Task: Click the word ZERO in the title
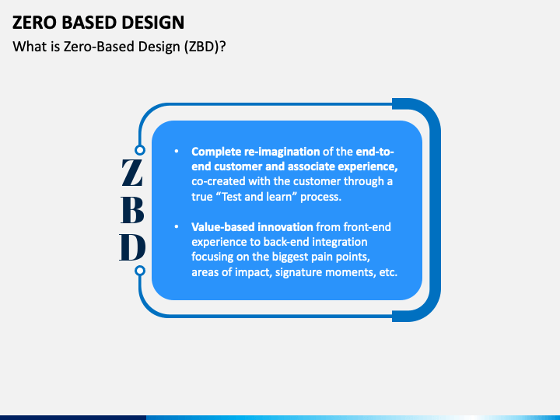[35, 23]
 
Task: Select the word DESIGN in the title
[153, 23]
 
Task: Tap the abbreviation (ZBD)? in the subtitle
[205, 47]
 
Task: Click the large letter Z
[132, 173]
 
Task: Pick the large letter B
[132, 210]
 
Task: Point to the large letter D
[132, 247]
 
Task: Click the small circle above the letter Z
[140, 150]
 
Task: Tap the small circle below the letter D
[140, 271]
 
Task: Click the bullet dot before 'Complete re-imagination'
[177, 152]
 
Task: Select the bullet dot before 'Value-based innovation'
[177, 227]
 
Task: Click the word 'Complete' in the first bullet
[216, 152]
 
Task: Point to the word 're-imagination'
[282, 152]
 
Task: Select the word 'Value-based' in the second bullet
[223, 227]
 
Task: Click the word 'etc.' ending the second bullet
[388, 272]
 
